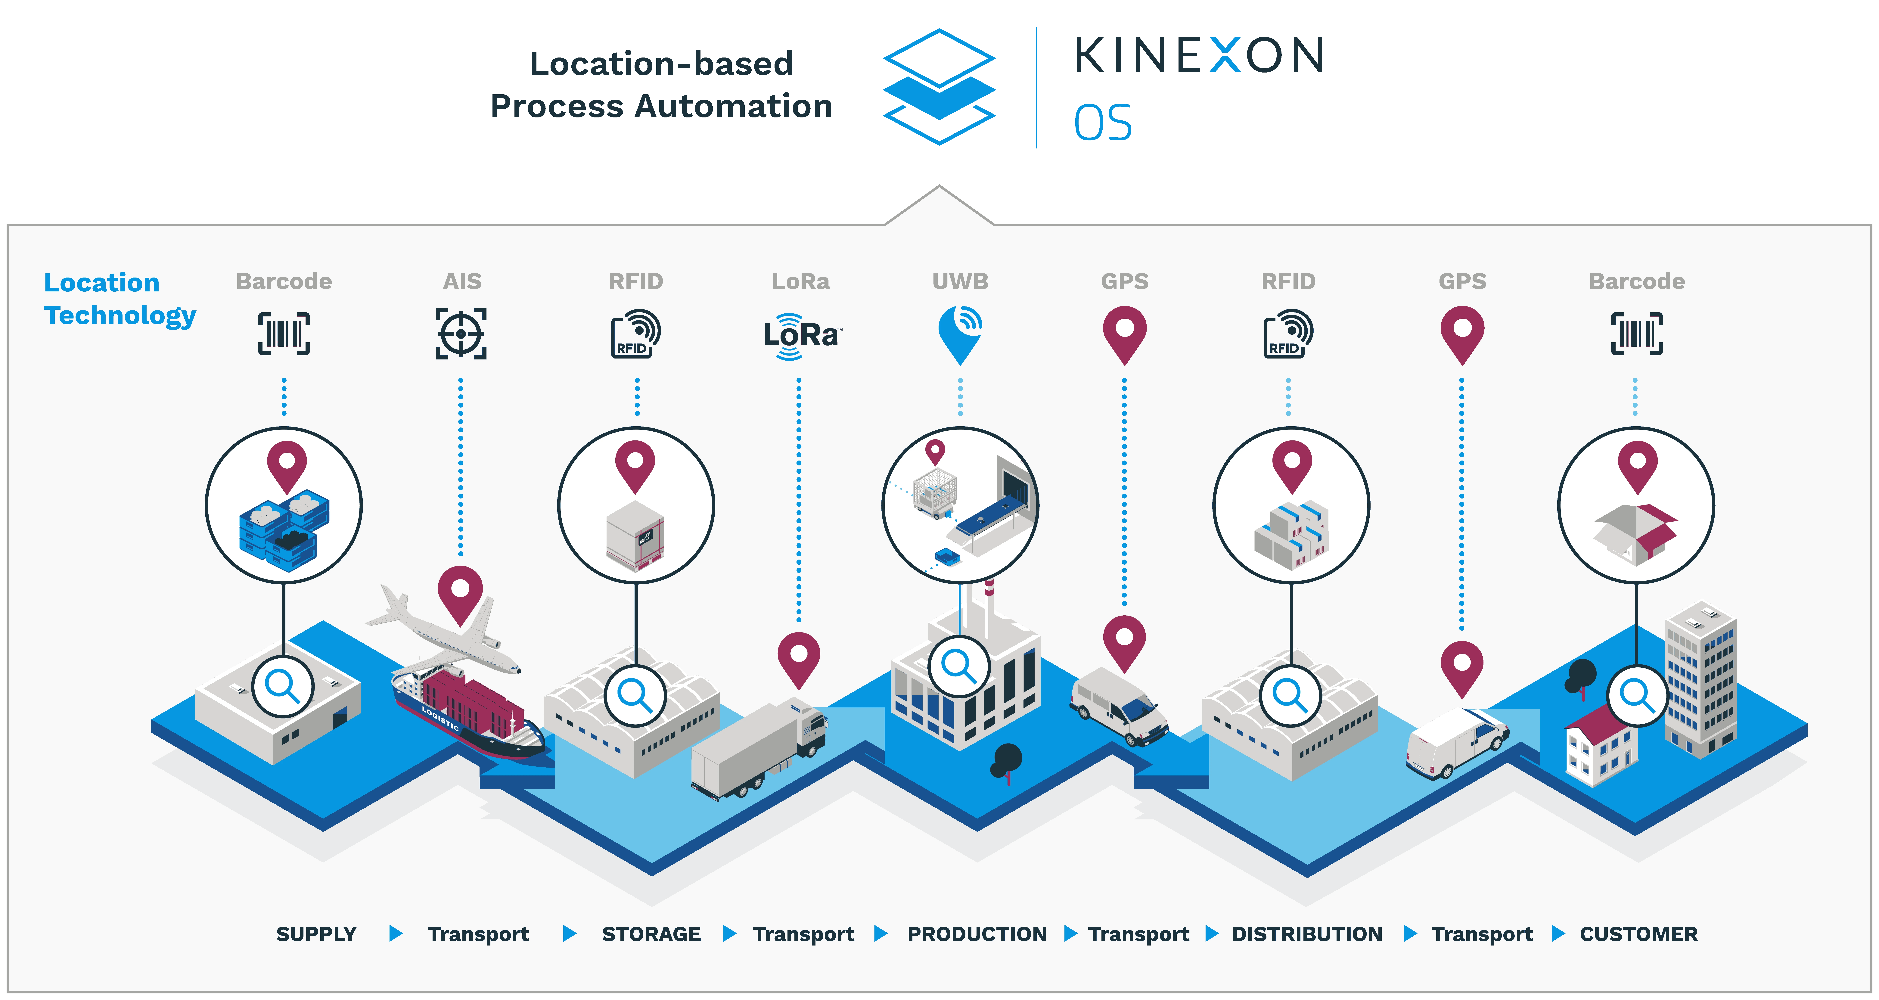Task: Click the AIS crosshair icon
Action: coord(461,333)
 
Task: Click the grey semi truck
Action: coord(759,748)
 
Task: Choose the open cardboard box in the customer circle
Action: coord(1636,535)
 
